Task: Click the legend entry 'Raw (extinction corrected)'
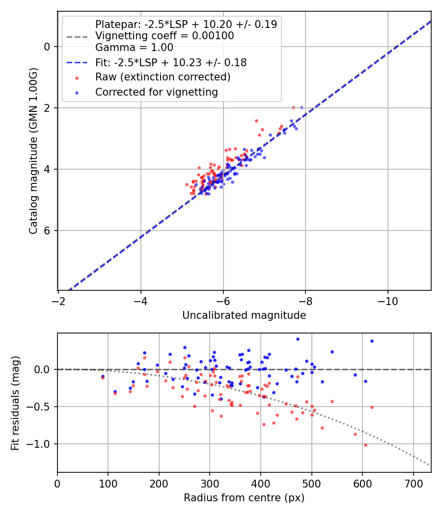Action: pyautogui.click(x=163, y=77)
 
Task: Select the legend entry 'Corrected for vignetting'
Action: pyautogui.click(x=156, y=92)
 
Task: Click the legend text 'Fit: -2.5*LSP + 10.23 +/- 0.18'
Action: pyautogui.click(x=170, y=63)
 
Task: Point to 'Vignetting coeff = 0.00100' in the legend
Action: pyautogui.click(x=164, y=36)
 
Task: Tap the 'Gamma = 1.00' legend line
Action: pyautogui.click(x=134, y=48)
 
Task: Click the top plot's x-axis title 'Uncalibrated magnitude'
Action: pyautogui.click(x=244, y=315)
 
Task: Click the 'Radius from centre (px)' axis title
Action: pyautogui.click(x=244, y=498)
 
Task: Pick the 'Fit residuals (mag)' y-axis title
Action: pyautogui.click(x=15, y=403)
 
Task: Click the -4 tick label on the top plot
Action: pyautogui.click(x=141, y=299)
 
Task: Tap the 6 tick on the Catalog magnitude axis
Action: pyautogui.click(x=48, y=231)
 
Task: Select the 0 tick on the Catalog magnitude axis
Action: pyautogui.click(x=48, y=47)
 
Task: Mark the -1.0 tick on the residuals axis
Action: pyautogui.click(x=42, y=444)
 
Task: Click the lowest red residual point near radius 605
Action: pyautogui.click(x=365, y=445)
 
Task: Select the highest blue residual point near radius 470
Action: pyautogui.click(x=298, y=339)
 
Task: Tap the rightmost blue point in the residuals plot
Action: pyautogui.click(x=372, y=341)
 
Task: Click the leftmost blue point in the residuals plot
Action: pyautogui.click(x=103, y=376)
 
